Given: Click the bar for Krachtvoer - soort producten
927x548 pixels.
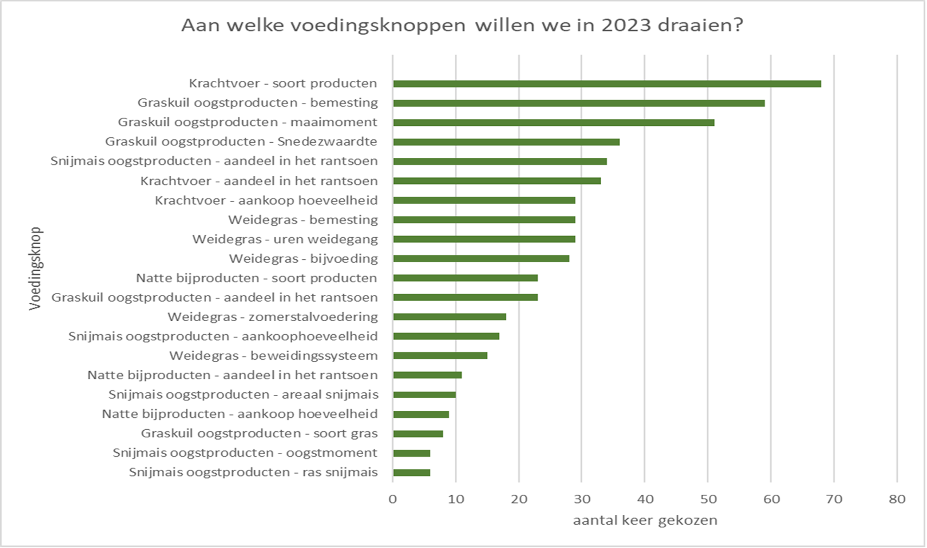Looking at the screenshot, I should point(607,84).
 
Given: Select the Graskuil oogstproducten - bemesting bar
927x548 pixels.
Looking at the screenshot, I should point(578,103).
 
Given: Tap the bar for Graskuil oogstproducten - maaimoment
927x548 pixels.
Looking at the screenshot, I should point(553,123).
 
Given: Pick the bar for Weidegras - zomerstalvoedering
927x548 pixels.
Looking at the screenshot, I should point(449,317).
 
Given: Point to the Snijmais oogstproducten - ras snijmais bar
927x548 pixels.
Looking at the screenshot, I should point(411,473).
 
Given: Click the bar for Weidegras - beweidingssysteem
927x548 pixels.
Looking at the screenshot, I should point(440,356).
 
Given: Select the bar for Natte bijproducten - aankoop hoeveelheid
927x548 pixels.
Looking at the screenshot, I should point(421,415).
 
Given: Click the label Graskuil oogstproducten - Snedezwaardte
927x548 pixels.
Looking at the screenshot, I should point(241,142).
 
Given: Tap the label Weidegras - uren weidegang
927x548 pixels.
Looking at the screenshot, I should point(285,239).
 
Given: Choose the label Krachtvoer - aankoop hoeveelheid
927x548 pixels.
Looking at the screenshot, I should point(266,200).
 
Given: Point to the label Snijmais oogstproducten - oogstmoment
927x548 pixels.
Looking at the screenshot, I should point(245,453).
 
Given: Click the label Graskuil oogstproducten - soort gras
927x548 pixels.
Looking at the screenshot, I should point(259,434).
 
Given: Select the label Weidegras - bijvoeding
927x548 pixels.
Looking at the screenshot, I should point(303,259).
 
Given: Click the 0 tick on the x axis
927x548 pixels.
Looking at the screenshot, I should point(393,499).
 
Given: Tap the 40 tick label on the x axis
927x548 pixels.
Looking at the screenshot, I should point(645,499).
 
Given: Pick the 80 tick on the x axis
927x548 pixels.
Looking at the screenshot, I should point(897,499).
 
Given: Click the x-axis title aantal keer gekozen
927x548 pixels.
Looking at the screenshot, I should point(645,520).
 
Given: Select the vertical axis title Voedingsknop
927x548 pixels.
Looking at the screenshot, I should point(35,268).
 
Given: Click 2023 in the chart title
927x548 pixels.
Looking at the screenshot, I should point(626,26).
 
